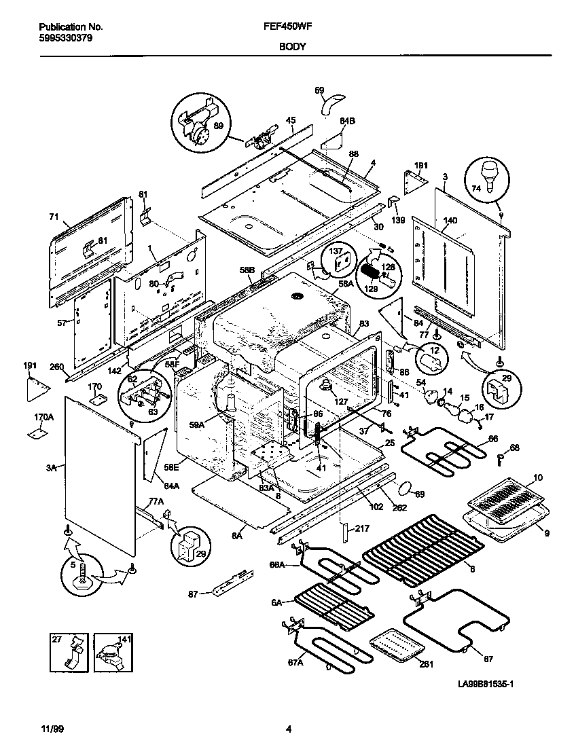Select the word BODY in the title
tap(291, 47)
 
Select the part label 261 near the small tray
tap(426, 664)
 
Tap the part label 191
tap(30, 366)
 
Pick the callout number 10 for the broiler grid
tap(537, 478)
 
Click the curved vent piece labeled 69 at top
tap(331, 105)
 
